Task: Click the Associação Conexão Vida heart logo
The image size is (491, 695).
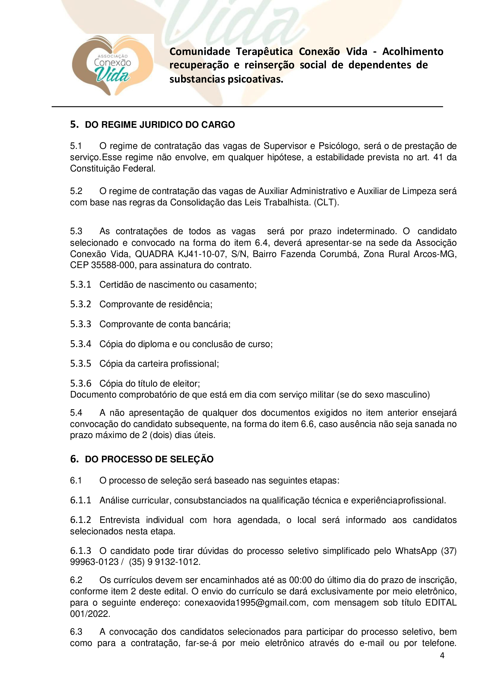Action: [112, 66]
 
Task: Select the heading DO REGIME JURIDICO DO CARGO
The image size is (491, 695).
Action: [160, 125]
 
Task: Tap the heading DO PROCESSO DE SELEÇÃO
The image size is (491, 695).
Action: [149, 459]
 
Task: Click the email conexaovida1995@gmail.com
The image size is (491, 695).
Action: [245, 602]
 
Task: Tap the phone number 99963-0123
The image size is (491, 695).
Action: [94, 562]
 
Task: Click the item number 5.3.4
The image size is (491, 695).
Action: [80, 344]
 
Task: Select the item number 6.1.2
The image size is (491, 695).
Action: [80, 520]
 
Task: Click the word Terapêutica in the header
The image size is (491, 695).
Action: [264, 52]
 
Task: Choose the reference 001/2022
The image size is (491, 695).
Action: [90, 614]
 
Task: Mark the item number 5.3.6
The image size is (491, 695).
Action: [80, 384]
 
